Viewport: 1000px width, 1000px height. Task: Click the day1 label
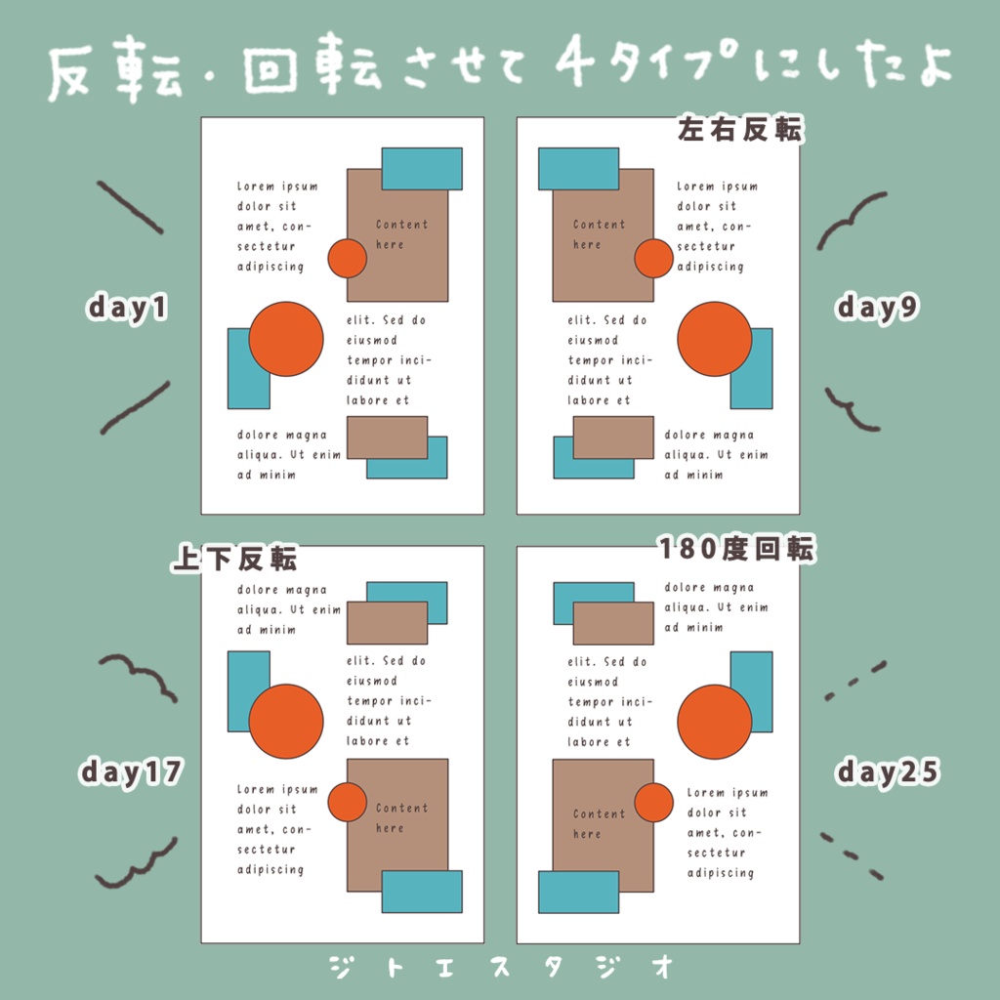click(x=128, y=308)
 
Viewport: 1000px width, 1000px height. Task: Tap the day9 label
click(x=877, y=308)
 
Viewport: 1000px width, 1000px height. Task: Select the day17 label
click(x=131, y=772)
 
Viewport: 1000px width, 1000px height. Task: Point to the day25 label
click(x=887, y=772)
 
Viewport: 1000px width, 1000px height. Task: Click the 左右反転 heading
click(x=739, y=131)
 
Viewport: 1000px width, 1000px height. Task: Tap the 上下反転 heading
click(x=234, y=559)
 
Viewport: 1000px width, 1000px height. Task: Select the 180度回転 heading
click(x=735, y=550)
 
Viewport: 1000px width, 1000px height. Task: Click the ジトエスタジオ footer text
click(x=502, y=967)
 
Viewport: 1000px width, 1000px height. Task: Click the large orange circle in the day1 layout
click(x=285, y=339)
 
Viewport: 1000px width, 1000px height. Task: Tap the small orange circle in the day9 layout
click(x=653, y=258)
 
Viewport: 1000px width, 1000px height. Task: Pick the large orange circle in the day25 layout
click(x=714, y=722)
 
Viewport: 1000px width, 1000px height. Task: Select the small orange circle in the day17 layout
click(x=347, y=802)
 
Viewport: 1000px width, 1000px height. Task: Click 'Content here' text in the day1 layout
click(x=400, y=234)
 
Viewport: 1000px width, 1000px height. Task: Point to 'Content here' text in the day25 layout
click(x=598, y=823)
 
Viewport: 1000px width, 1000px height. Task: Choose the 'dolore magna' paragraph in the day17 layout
click(x=288, y=609)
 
